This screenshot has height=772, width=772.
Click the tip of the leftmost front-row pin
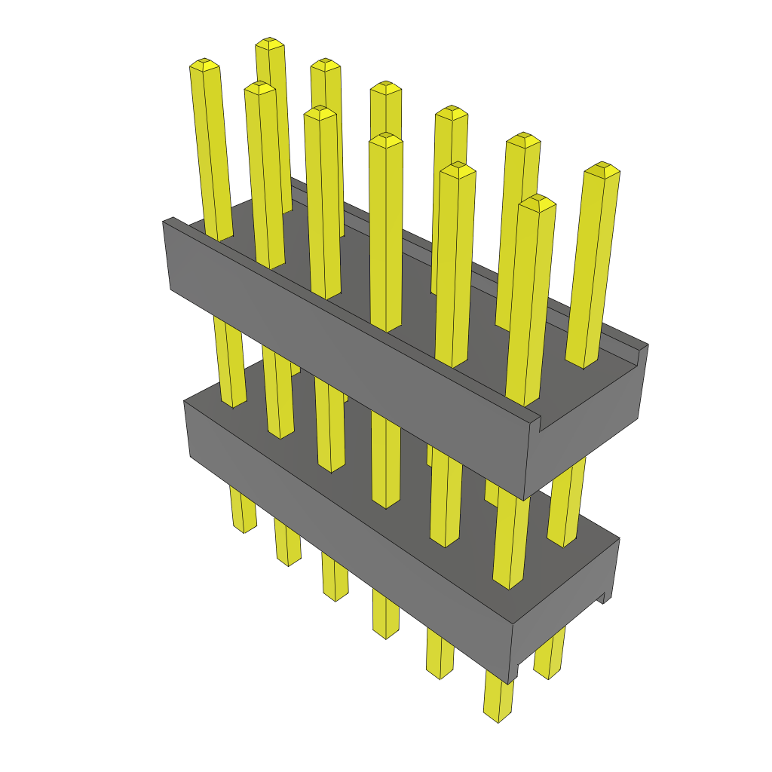[204, 65]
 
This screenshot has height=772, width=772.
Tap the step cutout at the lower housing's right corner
[602, 597]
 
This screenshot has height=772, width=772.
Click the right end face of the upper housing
[588, 437]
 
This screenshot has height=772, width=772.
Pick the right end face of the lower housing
[565, 603]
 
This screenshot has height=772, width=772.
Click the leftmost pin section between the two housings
[230, 362]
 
